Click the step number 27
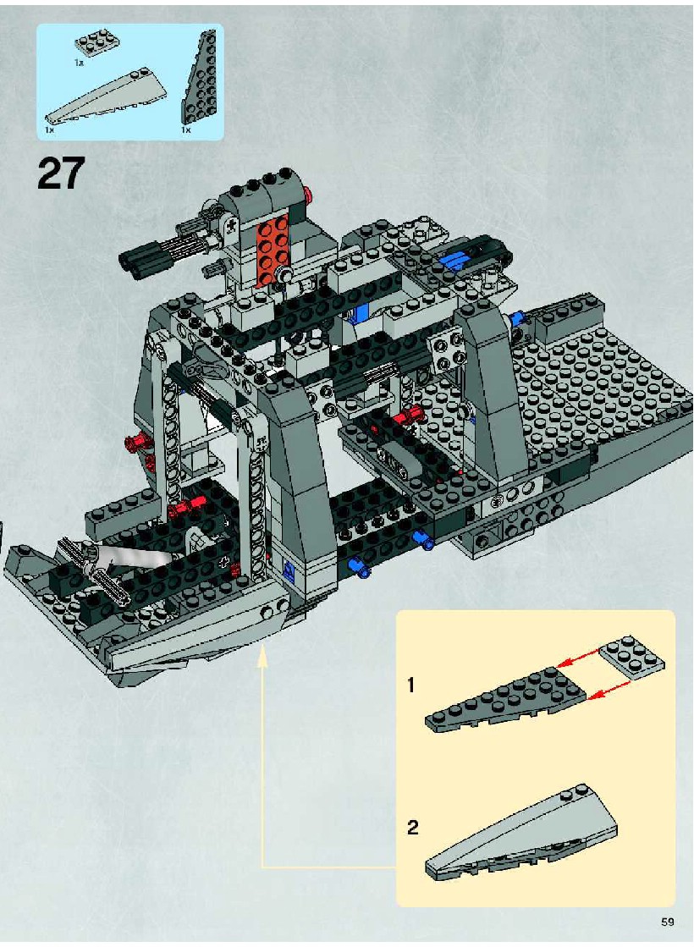[61, 174]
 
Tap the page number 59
[667, 922]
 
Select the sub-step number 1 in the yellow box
[410, 685]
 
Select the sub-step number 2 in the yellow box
[412, 827]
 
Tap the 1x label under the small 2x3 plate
[79, 63]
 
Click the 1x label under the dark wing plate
[185, 129]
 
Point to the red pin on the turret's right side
[310, 194]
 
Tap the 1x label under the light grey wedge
[49, 129]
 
